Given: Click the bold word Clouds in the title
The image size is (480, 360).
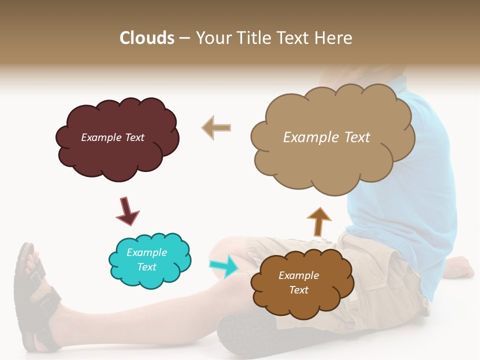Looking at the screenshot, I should point(146,38).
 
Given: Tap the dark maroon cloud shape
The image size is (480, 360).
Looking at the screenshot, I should point(117,155).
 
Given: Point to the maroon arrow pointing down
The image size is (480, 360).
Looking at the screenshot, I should point(127,210).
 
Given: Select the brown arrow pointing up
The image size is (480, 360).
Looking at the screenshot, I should point(318,221).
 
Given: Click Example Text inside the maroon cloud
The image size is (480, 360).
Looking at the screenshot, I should point(112,137).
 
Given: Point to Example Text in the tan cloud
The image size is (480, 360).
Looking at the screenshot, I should point(326,137).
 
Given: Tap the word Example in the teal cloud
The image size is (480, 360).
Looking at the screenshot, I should point(146,252).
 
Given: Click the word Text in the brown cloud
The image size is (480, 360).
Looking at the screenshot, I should point(298,290).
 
